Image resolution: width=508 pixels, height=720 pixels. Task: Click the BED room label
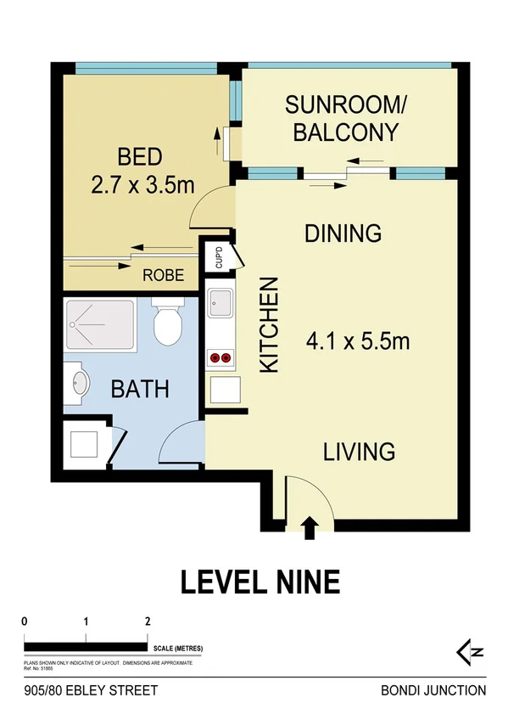point(140,157)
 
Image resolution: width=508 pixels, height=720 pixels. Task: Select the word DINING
point(343,233)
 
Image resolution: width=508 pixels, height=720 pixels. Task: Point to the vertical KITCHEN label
point(268,325)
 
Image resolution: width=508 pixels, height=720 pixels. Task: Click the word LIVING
point(360,451)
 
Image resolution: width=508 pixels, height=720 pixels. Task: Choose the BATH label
point(140,390)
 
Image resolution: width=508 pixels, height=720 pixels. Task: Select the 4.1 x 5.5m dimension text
point(358,342)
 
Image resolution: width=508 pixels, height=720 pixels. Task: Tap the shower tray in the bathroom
point(99,325)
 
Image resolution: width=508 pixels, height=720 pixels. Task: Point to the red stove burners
point(220,358)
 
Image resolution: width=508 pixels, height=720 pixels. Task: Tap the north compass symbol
point(471,652)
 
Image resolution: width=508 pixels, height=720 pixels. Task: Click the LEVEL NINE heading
point(260,582)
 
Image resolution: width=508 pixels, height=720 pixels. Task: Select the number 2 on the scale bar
point(148,621)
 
